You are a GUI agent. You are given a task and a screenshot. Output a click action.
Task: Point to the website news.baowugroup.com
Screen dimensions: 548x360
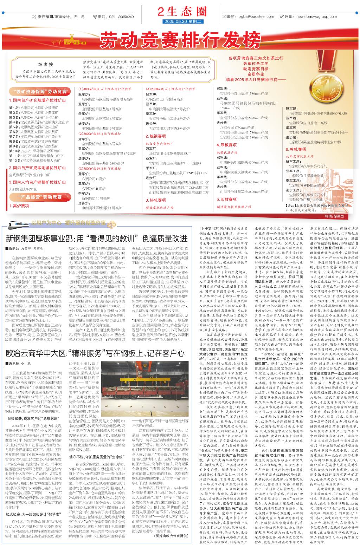[316, 17]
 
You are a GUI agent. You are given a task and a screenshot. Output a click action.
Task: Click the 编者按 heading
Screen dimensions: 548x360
[46, 64]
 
